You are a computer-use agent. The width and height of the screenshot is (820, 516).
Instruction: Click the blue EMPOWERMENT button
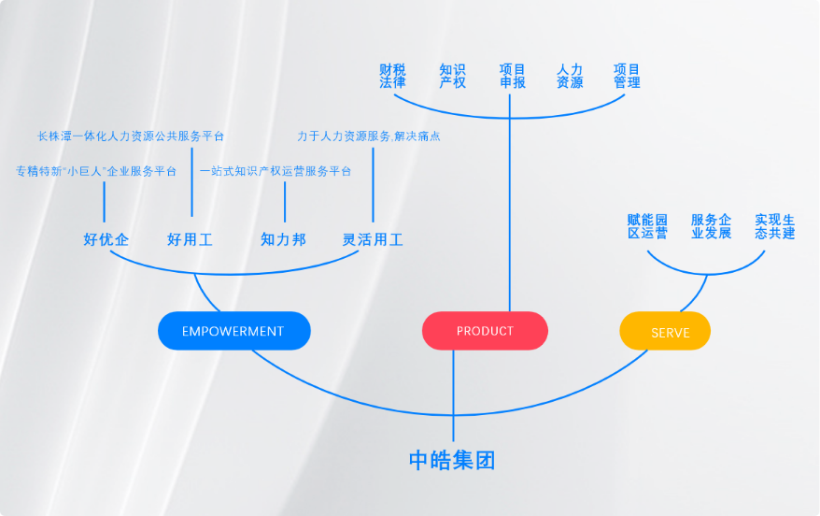[233, 331]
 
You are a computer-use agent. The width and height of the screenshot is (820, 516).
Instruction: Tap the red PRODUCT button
[485, 331]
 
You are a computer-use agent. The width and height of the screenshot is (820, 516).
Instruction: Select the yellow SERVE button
[665, 332]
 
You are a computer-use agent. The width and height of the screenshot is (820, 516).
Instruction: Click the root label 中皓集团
[452, 460]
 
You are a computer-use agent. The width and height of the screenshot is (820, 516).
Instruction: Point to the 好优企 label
[106, 240]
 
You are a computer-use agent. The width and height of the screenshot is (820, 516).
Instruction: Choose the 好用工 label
[190, 240]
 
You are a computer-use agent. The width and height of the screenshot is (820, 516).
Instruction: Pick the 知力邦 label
[283, 240]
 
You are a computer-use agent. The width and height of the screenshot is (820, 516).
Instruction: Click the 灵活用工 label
[373, 240]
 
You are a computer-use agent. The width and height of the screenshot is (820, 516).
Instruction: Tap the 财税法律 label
[392, 76]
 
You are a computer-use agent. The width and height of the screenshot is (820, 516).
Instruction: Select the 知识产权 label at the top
[452, 76]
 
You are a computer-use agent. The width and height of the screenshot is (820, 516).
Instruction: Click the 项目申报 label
[512, 76]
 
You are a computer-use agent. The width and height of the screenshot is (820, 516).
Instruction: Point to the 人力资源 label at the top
[570, 76]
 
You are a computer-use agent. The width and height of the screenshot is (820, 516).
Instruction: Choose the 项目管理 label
[627, 76]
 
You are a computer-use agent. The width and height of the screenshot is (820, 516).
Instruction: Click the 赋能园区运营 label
[647, 226]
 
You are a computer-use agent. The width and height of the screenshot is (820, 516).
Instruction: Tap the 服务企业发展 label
[711, 226]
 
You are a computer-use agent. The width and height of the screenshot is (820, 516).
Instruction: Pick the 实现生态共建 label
[774, 226]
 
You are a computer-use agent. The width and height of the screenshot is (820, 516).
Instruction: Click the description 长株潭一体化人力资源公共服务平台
[131, 136]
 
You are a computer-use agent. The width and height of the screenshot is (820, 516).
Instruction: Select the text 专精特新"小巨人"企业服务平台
[96, 171]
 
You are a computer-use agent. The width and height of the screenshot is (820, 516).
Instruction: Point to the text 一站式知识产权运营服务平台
[276, 171]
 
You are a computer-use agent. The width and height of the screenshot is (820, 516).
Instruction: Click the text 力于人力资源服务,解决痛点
[368, 136]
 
